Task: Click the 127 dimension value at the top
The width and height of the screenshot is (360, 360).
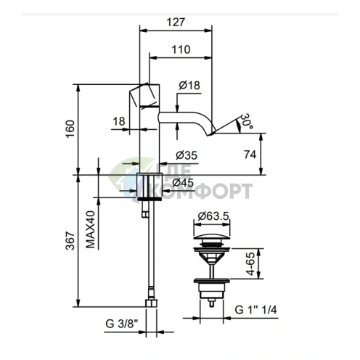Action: (x=176, y=22)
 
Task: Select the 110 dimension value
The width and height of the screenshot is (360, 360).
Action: (x=181, y=49)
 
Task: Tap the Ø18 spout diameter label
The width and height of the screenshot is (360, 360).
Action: (x=189, y=85)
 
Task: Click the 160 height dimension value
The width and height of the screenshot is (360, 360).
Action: (x=70, y=129)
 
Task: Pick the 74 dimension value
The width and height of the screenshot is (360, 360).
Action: (x=250, y=155)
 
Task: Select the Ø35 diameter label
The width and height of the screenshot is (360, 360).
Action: (x=187, y=155)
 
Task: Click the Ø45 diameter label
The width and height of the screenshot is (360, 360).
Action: (x=183, y=183)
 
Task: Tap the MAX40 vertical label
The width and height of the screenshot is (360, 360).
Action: (x=91, y=229)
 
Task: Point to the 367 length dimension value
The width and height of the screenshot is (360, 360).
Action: (x=70, y=241)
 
